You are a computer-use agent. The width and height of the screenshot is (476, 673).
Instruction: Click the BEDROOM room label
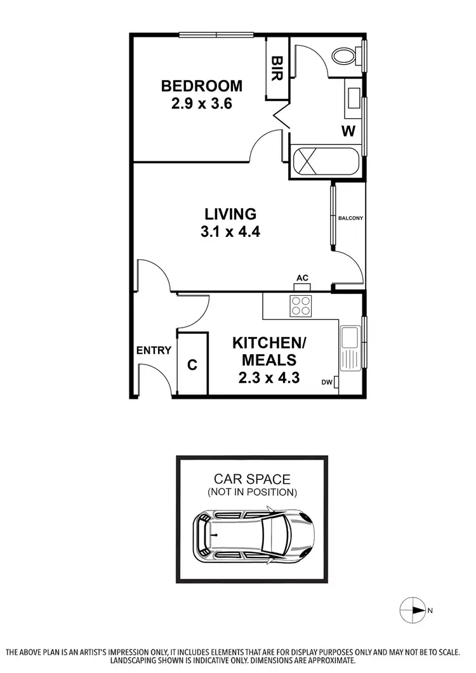[x=201, y=86]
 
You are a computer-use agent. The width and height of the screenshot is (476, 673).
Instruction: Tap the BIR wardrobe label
[x=277, y=67]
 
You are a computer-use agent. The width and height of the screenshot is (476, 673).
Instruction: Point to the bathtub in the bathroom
[x=324, y=161]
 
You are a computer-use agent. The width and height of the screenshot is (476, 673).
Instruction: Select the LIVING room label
[x=230, y=214]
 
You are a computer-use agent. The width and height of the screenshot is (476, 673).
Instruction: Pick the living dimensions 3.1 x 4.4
[x=230, y=232]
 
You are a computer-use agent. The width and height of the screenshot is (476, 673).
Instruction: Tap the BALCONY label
[x=350, y=218]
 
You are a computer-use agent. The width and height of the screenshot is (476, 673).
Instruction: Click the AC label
[x=302, y=278]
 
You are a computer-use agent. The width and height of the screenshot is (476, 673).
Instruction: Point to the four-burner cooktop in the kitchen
[x=301, y=307]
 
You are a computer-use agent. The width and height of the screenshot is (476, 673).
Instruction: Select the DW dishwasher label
[x=327, y=382]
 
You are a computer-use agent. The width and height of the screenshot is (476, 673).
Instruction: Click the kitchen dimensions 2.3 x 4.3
[x=269, y=378]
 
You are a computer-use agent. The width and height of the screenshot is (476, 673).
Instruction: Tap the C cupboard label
[x=192, y=365]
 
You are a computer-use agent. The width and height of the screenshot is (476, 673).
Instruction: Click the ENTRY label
[x=154, y=350]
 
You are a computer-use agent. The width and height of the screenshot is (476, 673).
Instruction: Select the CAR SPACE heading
[x=252, y=479]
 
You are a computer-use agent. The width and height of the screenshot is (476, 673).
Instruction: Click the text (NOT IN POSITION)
[x=252, y=492]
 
